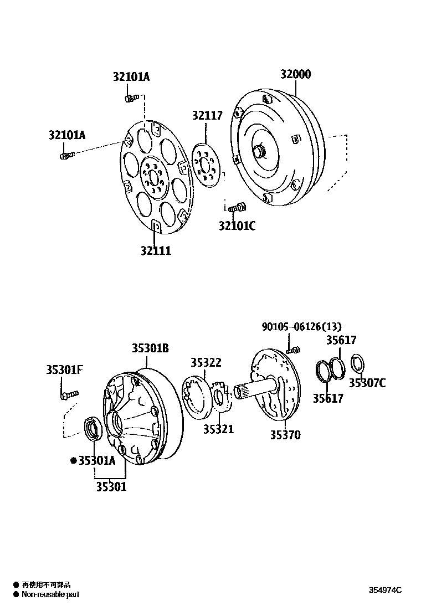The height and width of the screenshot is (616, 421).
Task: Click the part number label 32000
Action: click(x=295, y=75)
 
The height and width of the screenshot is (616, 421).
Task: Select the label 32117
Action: click(x=207, y=116)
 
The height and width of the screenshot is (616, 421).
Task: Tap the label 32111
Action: click(x=155, y=250)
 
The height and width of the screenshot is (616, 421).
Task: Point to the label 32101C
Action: click(x=237, y=225)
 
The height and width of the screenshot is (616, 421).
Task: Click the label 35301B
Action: click(x=150, y=348)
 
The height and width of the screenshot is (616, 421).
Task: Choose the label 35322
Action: click(x=206, y=363)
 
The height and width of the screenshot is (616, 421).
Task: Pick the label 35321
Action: click(x=218, y=429)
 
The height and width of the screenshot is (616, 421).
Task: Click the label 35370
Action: click(x=285, y=435)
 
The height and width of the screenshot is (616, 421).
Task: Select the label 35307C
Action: click(x=367, y=383)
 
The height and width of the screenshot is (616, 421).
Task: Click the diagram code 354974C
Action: click(x=385, y=590)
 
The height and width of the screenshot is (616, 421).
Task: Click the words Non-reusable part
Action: click(x=50, y=594)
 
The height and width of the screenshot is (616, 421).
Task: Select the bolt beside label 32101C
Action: click(x=239, y=208)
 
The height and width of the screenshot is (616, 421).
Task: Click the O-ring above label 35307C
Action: click(x=358, y=365)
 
